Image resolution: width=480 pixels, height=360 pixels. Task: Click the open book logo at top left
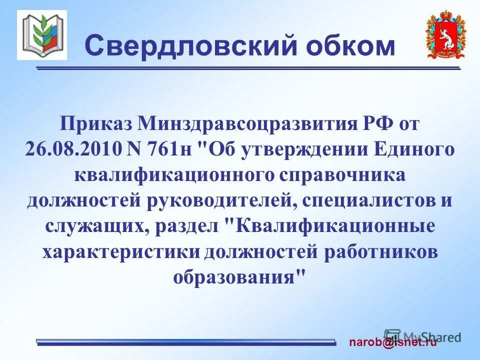point(42,35)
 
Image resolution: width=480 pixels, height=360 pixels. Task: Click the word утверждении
point(311,149)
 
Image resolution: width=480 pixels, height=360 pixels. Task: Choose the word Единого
point(418,149)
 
